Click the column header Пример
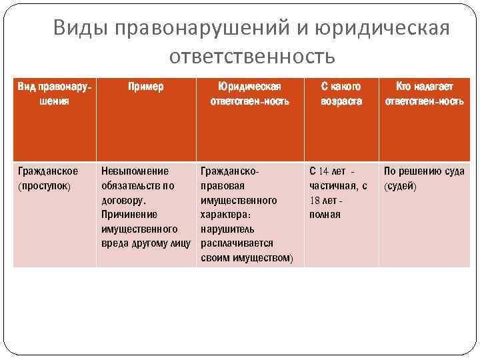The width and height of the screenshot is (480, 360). click(146, 87)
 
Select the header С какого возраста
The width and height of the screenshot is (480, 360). click(341, 94)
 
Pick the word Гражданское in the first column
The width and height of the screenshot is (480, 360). click(47, 171)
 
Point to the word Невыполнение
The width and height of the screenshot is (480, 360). click(135, 171)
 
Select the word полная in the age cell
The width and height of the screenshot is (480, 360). click(325, 215)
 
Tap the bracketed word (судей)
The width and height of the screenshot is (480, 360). click(400, 186)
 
